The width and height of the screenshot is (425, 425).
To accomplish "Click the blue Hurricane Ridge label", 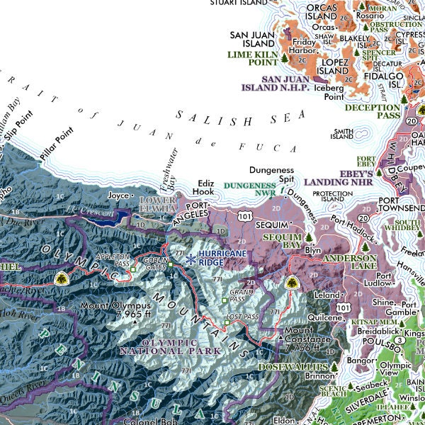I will [223, 257].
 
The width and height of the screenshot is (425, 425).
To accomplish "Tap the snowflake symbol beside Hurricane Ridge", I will [191, 260].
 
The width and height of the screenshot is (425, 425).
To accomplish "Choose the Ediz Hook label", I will [205, 186].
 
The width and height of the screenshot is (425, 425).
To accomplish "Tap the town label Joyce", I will [118, 194].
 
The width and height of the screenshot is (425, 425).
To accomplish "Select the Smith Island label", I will [343, 134].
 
